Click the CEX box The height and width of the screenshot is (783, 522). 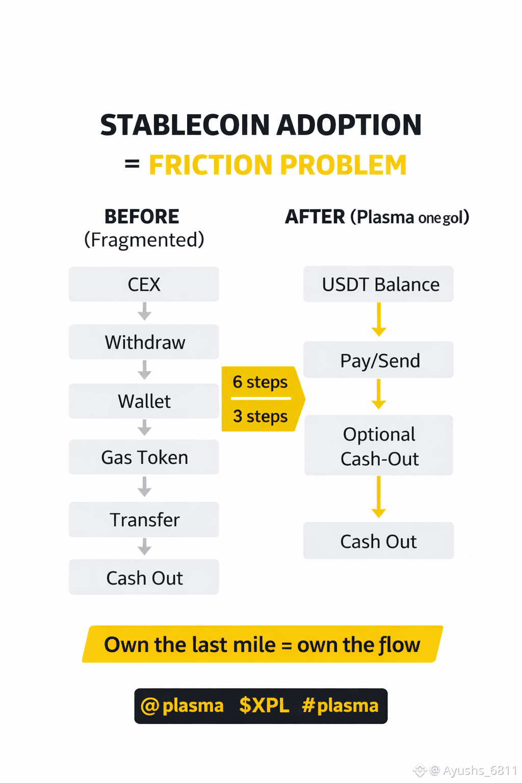pos(144,284)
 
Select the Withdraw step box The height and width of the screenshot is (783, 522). pos(144,342)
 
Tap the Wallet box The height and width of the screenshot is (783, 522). pos(144,401)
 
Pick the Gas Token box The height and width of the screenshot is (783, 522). pos(144,457)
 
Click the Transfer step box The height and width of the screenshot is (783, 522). pos(144,519)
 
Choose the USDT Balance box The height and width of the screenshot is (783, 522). pos(378,284)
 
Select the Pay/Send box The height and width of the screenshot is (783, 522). pos(378,360)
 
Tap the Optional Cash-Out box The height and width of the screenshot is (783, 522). pos(378,446)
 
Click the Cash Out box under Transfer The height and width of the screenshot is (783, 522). pos(144,578)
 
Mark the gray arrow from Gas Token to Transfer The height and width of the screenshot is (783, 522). pos(145,487)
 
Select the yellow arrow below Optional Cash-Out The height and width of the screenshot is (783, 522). pos(379,498)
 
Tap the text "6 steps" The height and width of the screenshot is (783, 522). pos(260,382)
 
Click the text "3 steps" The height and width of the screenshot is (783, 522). pos(260,416)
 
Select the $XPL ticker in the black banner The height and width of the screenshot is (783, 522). pos(264,706)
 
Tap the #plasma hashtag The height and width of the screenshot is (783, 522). pos(340,706)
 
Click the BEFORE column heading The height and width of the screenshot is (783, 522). pos(142,217)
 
